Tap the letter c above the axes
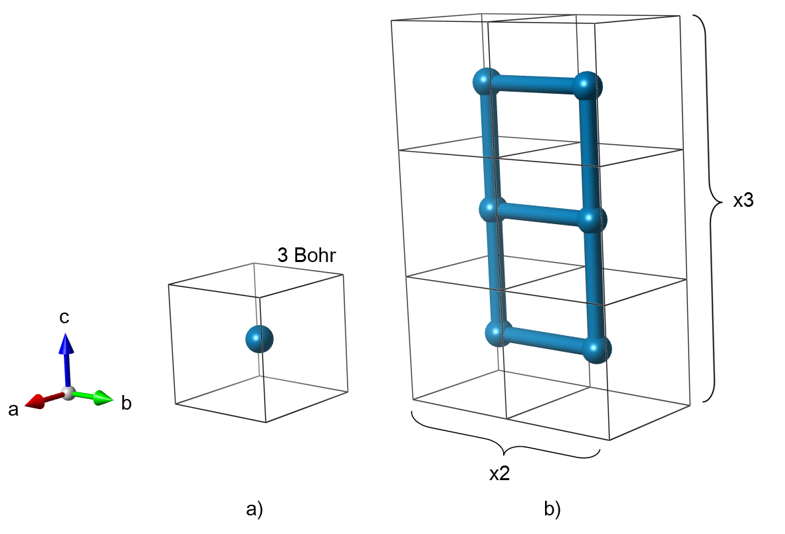click(x=64, y=317)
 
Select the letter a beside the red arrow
click(x=13, y=410)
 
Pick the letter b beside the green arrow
click(x=126, y=402)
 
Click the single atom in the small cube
click(x=259, y=339)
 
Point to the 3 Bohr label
click(x=306, y=256)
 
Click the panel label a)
click(x=255, y=509)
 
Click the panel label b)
click(x=552, y=509)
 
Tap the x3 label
click(x=743, y=201)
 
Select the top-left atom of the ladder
click(x=487, y=82)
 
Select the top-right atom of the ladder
click(x=588, y=86)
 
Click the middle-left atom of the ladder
click(x=493, y=209)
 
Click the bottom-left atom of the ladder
click(x=498, y=333)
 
